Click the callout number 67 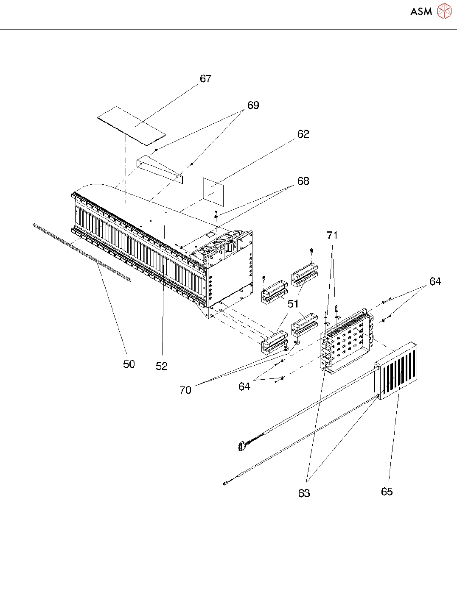click(205, 79)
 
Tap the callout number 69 click(253, 106)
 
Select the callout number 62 click(303, 134)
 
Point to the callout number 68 click(303, 181)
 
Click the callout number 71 click(332, 236)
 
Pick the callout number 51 click(293, 304)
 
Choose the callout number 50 click(129, 364)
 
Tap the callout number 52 click(162, 367)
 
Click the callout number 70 click(185, 390)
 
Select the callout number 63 click(304, 493)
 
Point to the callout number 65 click(387, 492)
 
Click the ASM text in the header click(421, 12)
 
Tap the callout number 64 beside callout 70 click(244, 386)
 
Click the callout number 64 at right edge click(435, 282)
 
